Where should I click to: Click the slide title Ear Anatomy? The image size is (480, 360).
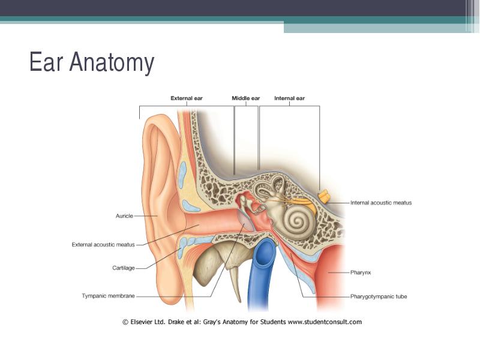(x=92, y=62)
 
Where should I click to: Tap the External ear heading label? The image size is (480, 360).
(x=187, y=98)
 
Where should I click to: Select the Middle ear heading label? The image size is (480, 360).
(x=246, y=98)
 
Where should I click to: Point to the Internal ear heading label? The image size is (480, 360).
(x=290, y=98)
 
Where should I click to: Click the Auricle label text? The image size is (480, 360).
(x=124, y=216)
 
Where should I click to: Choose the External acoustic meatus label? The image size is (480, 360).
(x=103, y=245)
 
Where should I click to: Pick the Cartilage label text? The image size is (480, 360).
(x=124, y=268)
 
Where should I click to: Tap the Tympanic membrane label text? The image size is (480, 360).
(x=108, y=296)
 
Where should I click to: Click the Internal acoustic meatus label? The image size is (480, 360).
(x=381, y=203)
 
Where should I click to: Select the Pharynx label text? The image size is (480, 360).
(x=361, y=272)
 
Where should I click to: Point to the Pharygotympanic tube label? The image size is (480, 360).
(x=379, y=296)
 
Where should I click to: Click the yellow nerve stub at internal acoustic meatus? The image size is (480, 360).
(x=323, y=196)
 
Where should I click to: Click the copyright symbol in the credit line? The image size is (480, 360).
(x=125, y=322)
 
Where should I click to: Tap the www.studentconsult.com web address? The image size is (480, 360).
(x=325, y=322)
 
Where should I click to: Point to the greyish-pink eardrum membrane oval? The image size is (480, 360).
(x=246, y=221)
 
